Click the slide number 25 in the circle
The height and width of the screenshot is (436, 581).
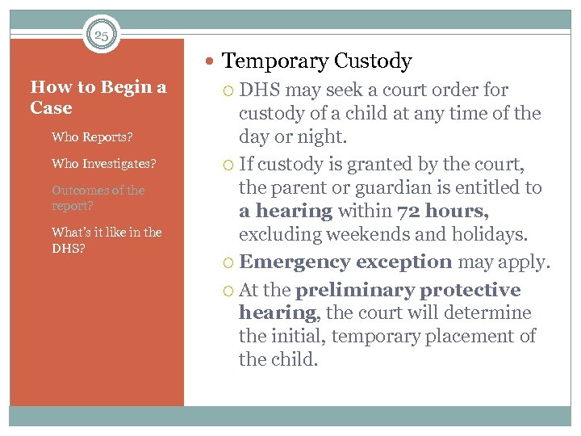point(101,36)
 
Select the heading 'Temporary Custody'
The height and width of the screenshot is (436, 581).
point(316,61)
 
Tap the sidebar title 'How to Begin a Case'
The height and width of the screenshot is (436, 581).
point(98,98)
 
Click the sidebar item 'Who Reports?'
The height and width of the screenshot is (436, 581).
point(92,137)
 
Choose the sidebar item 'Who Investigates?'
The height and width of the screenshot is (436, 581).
point(103,164)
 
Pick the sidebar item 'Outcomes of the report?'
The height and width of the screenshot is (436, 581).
point(98,198)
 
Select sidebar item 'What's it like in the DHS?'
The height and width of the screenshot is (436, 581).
point(107,240)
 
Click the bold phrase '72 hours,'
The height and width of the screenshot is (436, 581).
point(443,212)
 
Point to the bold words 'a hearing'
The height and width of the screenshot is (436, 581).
point(286,212)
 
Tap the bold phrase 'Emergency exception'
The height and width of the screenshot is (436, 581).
point(346,262)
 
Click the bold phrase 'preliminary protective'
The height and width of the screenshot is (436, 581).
point(408,290)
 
